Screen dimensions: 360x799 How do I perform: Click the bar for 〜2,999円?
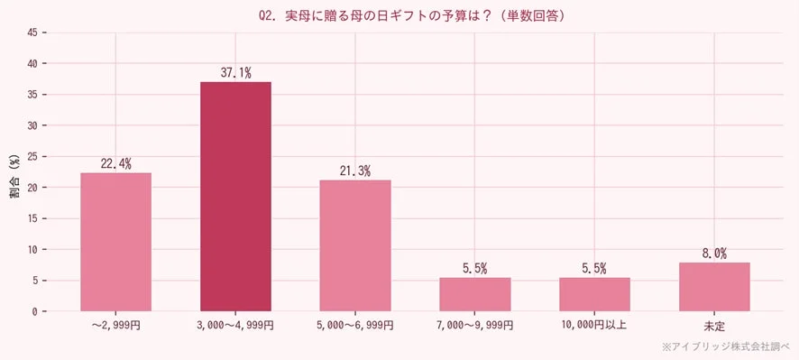pos(115,242)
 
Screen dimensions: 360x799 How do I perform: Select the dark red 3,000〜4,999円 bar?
pos(235,197)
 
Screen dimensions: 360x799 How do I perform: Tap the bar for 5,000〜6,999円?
pos(355,245)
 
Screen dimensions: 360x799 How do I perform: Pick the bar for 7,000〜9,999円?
pos(475,294)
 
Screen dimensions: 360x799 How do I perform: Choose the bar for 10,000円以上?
pos(594,294)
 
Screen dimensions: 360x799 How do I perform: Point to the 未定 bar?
pos(714,287)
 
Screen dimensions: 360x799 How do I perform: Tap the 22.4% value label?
pos(115,163)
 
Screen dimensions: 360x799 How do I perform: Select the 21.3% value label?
pos(355,171)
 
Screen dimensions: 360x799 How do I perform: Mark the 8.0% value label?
pos(714,254)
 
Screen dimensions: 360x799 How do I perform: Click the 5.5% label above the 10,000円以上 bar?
pos(594,268)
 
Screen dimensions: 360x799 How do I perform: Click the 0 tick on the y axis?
pos(34,311)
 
